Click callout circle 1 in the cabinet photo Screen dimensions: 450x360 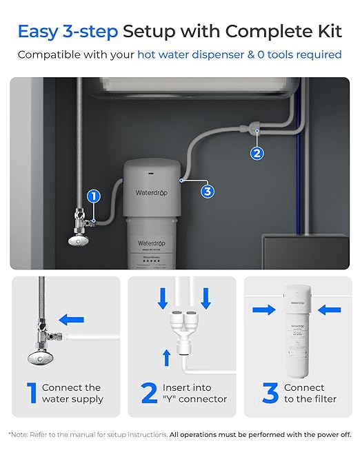[94, 196]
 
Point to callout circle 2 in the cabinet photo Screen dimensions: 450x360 [257, 153]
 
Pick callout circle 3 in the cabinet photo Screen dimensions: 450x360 [207, 192]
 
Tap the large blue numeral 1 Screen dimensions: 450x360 [32, 393]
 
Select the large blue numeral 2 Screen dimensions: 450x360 [149, 393]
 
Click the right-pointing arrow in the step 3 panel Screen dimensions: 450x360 [263, 310]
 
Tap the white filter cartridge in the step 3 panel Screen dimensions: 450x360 [297, 331]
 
